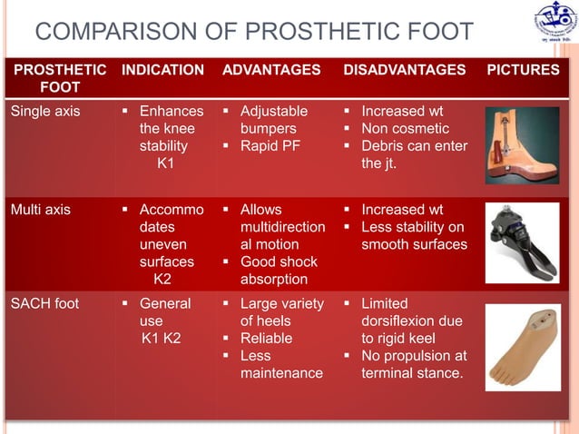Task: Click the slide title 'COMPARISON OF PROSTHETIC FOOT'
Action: pyautogui.click(x=254, y=34)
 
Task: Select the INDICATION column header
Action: pyautogui.click(x=163, y=70)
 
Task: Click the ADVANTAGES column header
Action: pyautogui.click(x=271, y=70)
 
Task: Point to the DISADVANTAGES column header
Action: pyautogui.click(x=404, y=70)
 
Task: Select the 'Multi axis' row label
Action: pyautogui.click(x=40, y=210)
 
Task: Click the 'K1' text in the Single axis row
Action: pyautogui.click(x=167, y=164)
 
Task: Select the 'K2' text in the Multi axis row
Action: pyautogui.click(x=163, y=280)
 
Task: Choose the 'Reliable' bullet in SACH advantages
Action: pyautogui.click(x=266, y=338)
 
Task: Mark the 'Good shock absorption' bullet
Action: pyautogui.click(x=278, y=271)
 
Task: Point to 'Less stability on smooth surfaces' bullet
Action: pyautogui.click(x=413, y=235)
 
